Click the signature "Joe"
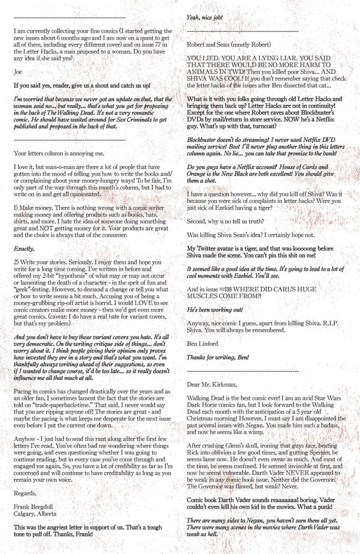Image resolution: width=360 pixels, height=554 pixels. (x=18, y=72)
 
